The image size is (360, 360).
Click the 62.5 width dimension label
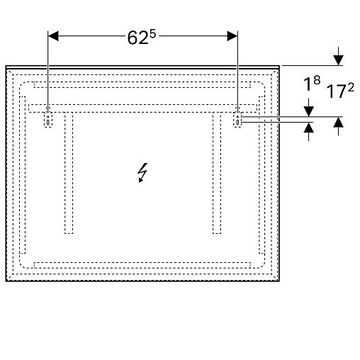(142, 38)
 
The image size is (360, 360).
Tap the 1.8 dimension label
(312, 84)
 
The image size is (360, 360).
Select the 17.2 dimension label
(340, 91)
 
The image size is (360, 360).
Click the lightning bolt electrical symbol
(142, 173)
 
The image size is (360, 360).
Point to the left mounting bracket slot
(48, 120)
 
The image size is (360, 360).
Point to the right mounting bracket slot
(237, 120)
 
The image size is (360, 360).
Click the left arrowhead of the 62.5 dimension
(53, 36)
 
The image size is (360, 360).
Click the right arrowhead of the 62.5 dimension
(232, 36)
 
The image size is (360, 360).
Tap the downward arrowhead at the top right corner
(338, 60)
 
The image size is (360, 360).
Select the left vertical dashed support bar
(69, 173)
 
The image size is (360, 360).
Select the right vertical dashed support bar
(217, 173)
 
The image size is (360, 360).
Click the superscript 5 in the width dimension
(152, 34)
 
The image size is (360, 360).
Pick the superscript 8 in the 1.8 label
(317, 80)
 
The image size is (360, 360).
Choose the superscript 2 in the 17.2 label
(351, 88)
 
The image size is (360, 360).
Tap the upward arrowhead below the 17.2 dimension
(338, 123)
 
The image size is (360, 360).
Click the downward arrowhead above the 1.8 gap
(309, 111)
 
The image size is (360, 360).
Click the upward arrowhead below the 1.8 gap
(309, 128)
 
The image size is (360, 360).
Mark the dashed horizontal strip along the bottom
(142, 265)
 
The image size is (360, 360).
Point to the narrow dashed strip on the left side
(23, 175)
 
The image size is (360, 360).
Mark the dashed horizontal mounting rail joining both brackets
(142, 108)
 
